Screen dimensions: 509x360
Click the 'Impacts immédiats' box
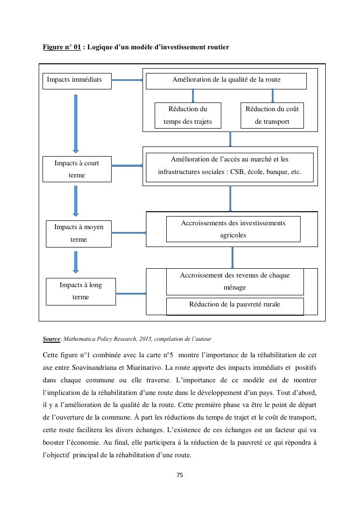point(77,81)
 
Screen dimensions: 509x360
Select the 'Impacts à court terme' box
point(77,169)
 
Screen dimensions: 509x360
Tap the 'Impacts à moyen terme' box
point(79,233)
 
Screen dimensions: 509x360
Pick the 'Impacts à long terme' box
point(81,291)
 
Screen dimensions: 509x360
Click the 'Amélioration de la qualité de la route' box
point(226,81)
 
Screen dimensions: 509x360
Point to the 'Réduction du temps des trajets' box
point(187,115)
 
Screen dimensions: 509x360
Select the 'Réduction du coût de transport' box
point(272,115)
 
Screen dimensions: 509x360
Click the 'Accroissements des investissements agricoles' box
point(233,229)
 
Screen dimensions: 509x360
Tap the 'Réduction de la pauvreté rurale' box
point(234,305)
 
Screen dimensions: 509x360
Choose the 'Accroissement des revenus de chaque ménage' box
point(235,282)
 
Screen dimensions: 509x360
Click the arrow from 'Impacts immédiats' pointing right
point(128,80)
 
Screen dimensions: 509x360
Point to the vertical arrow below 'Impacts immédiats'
point(75,123)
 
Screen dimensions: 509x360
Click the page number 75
point(180,475)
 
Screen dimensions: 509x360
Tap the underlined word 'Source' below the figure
point(51,339)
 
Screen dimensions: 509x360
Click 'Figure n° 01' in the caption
point(61,47)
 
